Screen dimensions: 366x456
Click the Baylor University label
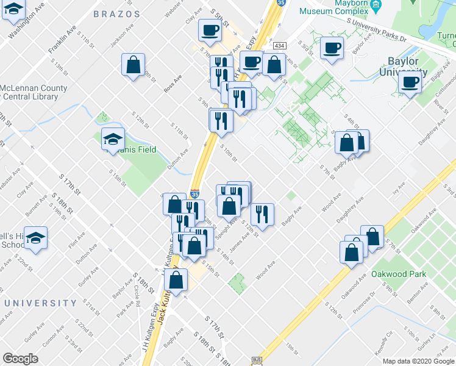[403, 66]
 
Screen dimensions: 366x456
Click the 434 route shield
[280, 46]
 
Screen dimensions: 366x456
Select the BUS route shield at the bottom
[257, 361]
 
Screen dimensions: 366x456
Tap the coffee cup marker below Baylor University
[410, 82]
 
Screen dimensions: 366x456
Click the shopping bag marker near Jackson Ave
[134, 65]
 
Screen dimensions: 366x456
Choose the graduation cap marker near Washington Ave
[14, 11]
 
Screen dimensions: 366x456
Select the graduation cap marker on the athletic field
[113, 140]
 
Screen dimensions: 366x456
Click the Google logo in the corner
[20, 359]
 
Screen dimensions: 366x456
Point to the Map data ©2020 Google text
[418, 361]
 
